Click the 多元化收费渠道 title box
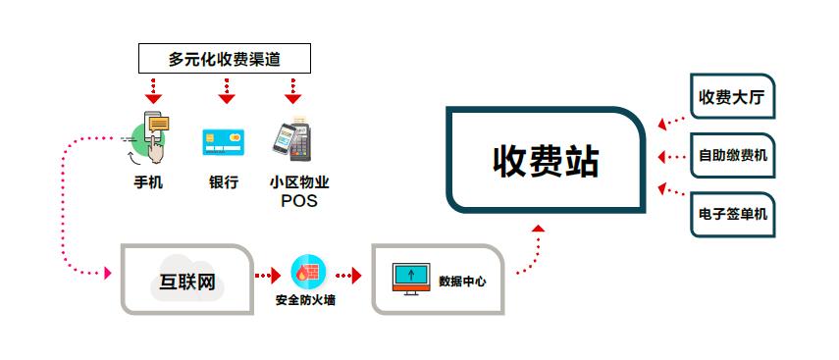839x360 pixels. [x=225, y=60]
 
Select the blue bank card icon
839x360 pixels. [x=223, y=141]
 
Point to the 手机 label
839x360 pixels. [x=148, y=182]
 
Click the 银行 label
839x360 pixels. [x=224, y=182]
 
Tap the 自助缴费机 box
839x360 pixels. [x=732, y=155]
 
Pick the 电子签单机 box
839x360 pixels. [x=732, y=213]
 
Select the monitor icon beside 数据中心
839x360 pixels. [x=411, y=279]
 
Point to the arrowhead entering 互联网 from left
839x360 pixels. [x=108, y=273]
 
